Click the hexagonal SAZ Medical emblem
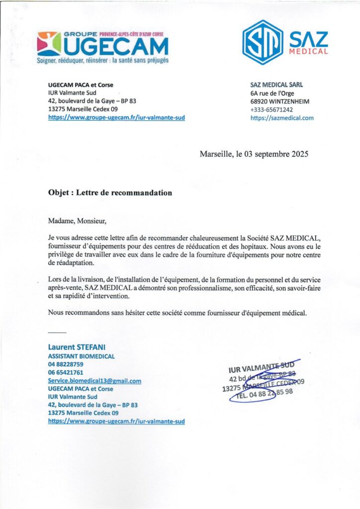point(263,41)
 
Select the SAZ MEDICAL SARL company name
point(276,85)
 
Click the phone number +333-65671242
point(271,109)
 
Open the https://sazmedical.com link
point(282,118)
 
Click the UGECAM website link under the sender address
point(116,118)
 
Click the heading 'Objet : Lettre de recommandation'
point(110,192)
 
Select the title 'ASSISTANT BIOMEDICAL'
point(81,356)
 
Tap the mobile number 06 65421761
point(65,372)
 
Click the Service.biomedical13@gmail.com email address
point(94,381)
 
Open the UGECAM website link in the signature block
point(116,421)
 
